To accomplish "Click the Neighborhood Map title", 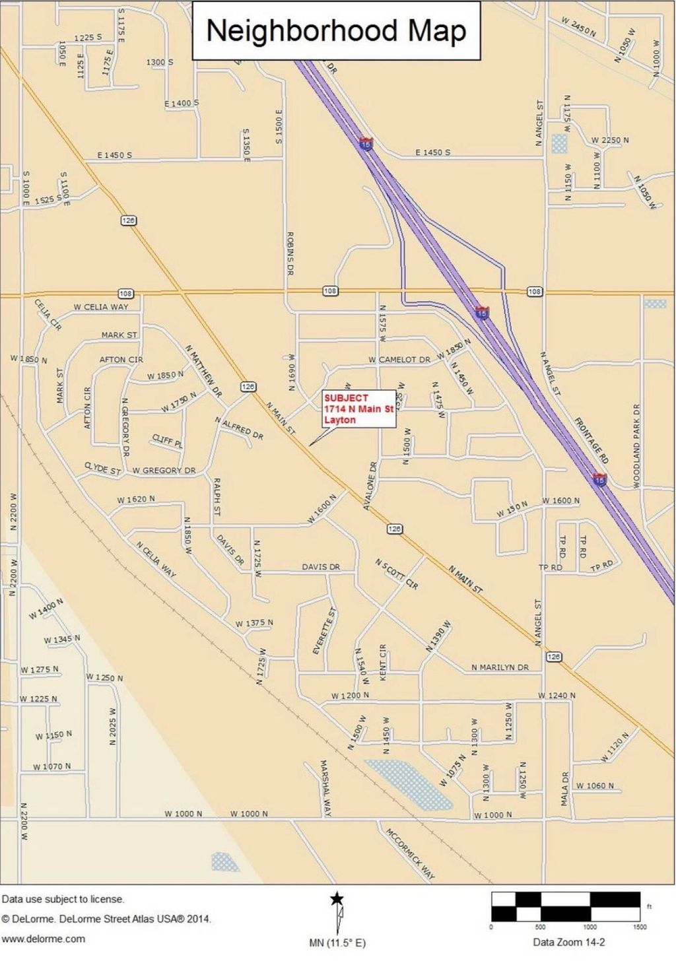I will [x=336, y=31].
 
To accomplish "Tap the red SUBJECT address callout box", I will [x=358, y=409].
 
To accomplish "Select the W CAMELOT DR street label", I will [x=399, y=360].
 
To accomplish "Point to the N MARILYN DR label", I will [x=500, y=667].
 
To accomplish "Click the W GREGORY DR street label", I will [x=164, y=471].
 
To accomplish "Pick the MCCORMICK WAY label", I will [x=410, y=854].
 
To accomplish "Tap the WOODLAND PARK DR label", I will [x=637, y=446].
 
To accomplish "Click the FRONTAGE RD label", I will [x=591, y=440].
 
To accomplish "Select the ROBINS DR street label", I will [x=290, y=253].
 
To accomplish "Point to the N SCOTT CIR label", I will [x=396, y=574].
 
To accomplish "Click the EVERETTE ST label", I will [x=324, y=631].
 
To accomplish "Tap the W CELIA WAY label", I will [x=101, y=307].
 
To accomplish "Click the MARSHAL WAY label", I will [x=325, y=788].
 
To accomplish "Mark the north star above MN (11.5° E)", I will [x=337, y=898].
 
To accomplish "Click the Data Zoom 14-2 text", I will [x=568, y=942].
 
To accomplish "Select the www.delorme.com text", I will [x=43, y=939].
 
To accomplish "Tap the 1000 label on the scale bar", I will [x=590, y=927].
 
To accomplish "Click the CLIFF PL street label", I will [x=167, y=441].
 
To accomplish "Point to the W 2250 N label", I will [x=610, y=140].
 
